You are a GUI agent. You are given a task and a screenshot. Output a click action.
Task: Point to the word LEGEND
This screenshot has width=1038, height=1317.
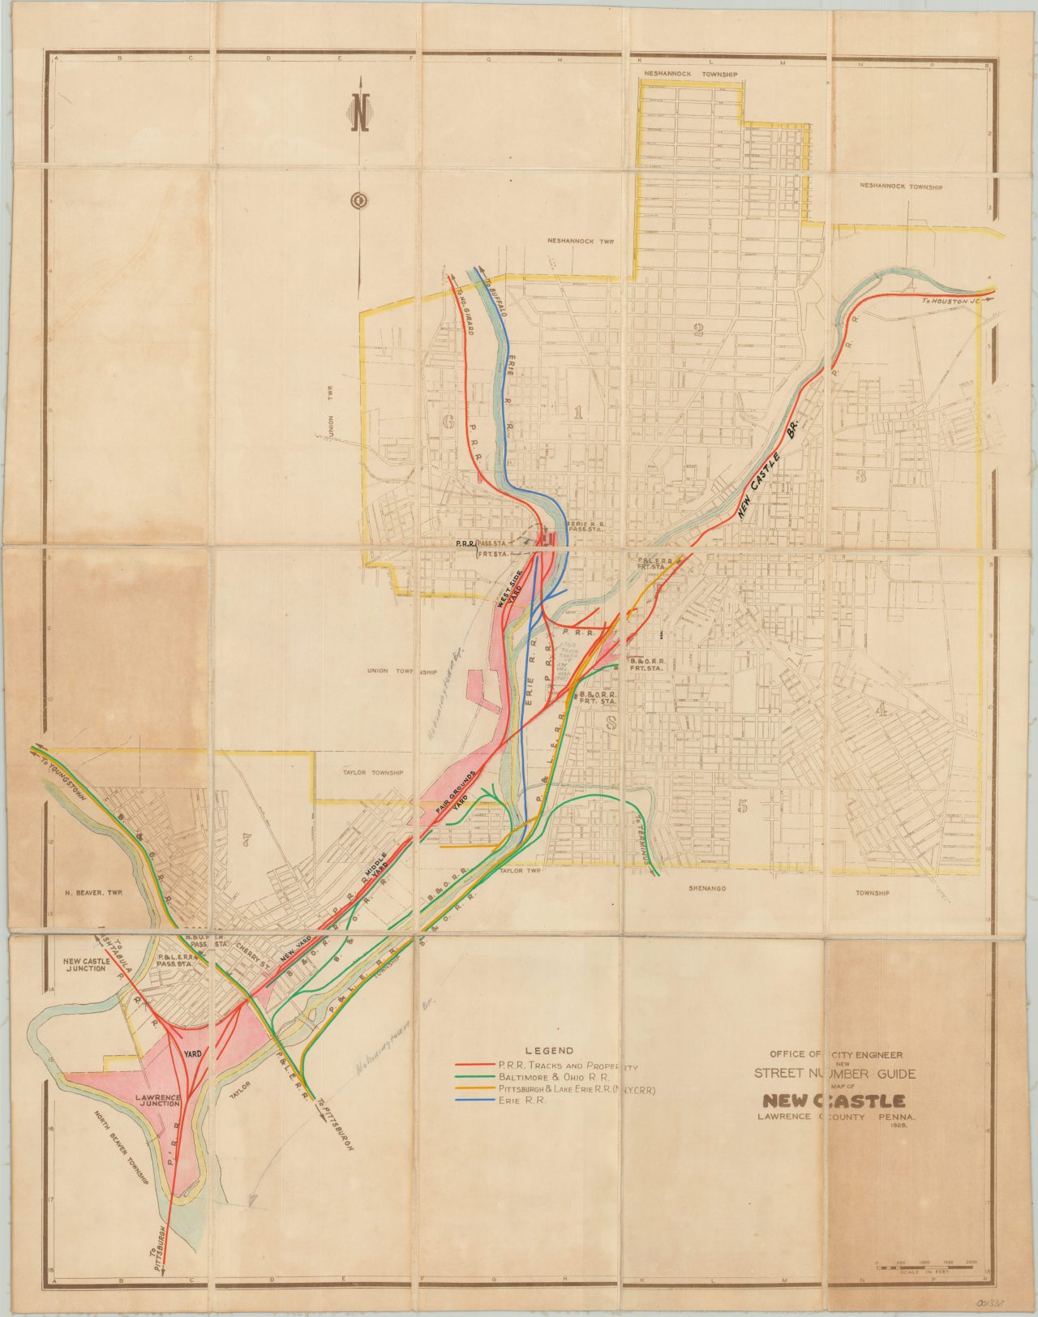click(x=549, y=1050)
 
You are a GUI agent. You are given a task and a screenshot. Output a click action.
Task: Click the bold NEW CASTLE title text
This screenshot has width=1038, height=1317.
click(x=833, y=1101)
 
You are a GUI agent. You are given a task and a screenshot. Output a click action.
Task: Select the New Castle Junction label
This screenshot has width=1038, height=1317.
click(x=85, y=963)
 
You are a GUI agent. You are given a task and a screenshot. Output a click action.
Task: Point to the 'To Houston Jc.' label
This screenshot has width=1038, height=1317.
click(x=953, y=301)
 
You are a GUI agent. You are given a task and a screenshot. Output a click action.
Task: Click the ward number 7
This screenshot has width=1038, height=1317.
click(x=247, y=839)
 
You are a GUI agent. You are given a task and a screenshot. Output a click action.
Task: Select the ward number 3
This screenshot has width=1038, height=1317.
click(x=860, y=476)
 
